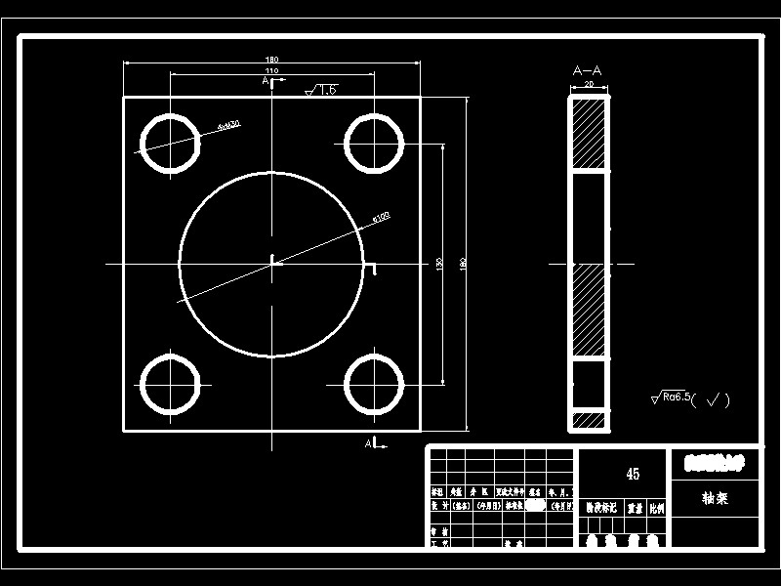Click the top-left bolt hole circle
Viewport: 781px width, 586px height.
[170, 144]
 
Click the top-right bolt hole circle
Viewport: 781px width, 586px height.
[374, 144]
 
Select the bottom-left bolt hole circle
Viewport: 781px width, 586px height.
[170, 384]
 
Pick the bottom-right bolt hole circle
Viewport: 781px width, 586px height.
[374, 384]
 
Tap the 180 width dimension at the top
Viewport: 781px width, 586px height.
[271, 61]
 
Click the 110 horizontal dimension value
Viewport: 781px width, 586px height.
[271, 71]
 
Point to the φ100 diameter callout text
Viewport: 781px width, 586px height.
[381, 216]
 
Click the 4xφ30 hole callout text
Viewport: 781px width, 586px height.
[230, 124]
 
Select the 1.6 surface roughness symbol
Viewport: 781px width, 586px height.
[322, 90]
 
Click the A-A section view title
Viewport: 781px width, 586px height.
[587, 70]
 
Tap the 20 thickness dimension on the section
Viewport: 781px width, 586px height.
[589, 85]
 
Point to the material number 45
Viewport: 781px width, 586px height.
[633, 475]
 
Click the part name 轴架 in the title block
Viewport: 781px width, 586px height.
[715, 497]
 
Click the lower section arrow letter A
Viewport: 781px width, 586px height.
[369, 443]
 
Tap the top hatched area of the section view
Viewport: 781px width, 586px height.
[589, 133]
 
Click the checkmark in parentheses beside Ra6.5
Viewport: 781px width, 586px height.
[716, 399]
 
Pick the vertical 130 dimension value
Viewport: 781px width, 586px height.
[440, 264]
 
